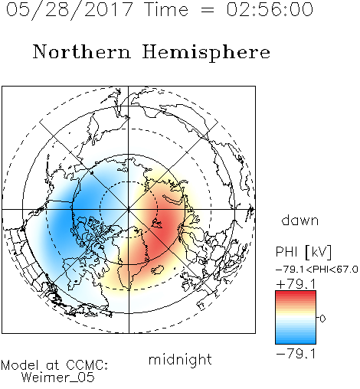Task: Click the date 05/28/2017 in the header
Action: (69, 10)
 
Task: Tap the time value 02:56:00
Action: (270, 9)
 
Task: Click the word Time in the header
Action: (166, 9)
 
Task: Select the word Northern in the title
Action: (82, 51)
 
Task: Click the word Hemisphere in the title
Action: (206, 53)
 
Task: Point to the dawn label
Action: (299, 220)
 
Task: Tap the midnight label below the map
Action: (180, 359)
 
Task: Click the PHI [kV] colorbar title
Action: (303, 252)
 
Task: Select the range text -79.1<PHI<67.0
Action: (317, 270)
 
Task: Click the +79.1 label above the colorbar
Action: (296, 284)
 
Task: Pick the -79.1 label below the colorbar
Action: (296, 354)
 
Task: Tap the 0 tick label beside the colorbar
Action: (322, 319)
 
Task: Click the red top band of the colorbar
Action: (296, 294)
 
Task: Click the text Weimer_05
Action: (58, 378)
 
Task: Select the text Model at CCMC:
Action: (54, 365)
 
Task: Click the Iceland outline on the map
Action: (157, 270)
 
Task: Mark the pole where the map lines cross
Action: (129, 209)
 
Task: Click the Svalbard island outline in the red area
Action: (156, 224)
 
